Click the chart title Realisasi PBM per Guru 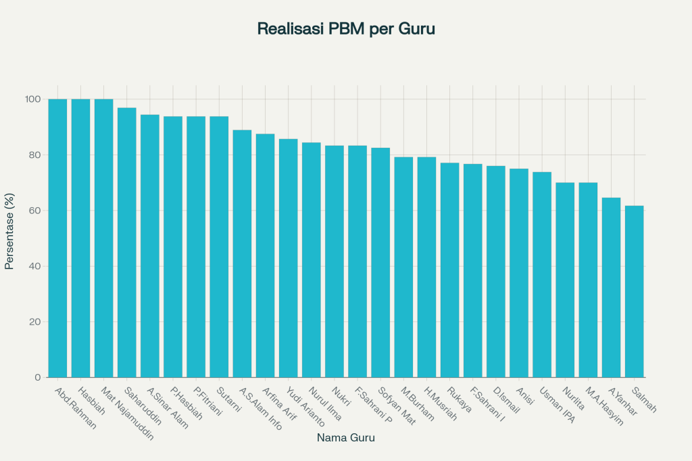click(345, 29)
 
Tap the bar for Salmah click(634, 291)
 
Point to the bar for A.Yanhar click(611, 287)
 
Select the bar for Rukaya click(449, 269)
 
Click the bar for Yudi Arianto click(288, 257)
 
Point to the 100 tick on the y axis click(34, 99)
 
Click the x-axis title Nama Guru click(345, 438)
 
